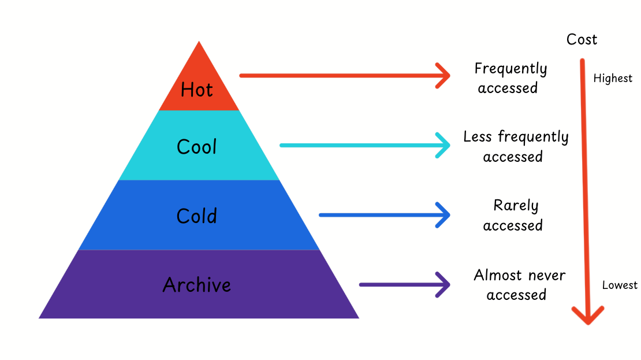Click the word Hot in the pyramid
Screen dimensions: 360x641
click(197, 90)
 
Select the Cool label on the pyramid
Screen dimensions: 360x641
click(197, 147)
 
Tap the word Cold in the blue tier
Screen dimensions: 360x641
click(197, 216)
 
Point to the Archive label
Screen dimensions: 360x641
click(197, 285)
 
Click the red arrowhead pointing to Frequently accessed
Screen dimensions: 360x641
click(445, 76)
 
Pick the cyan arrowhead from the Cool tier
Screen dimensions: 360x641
click(445, 145)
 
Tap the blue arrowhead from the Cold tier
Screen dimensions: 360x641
click(445, 215)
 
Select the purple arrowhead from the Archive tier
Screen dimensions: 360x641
click(445, 284)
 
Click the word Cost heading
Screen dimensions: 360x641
click(582, 39)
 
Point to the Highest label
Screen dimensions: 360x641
click(613, 79)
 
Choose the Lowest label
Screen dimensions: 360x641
click(620, 285)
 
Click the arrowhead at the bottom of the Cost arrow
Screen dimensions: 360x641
click(588, 316)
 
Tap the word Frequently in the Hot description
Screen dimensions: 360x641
click(510, 69)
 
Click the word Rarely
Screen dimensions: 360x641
click(516, 206)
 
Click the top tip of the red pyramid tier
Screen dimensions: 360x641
click(199, 43)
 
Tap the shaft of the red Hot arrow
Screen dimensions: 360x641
click(335, 76)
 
